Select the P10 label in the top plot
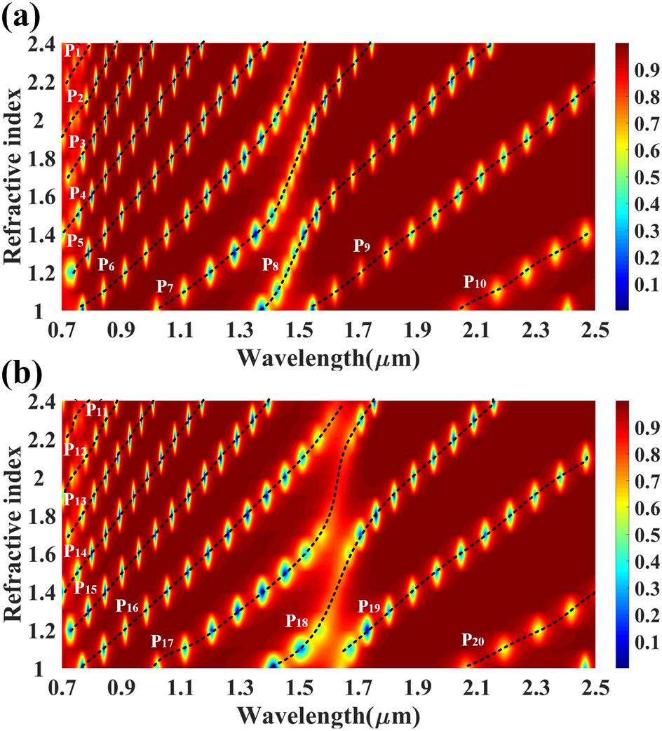[x=474, y=283]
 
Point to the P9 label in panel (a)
[x=362, y=246]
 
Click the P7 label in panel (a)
[x=165, y=286]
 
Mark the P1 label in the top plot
[x=73, y=51]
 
